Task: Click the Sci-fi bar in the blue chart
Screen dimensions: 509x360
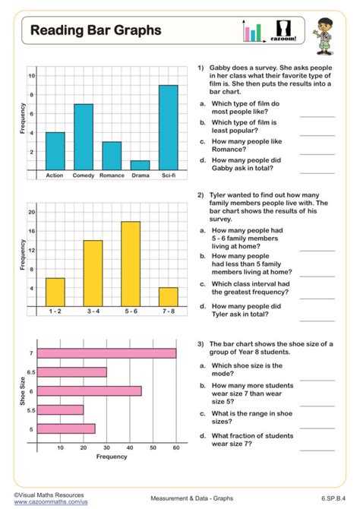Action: (x=168, y=127)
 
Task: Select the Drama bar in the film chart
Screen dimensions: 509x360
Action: (x=140, y=165)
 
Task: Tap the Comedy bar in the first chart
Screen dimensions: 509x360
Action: (x=83, y=137)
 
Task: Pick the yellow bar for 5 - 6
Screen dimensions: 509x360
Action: (x=130, y=264)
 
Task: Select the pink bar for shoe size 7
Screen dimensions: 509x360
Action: (x=106, y=353)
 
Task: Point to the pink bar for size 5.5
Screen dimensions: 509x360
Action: (x=61, y=409)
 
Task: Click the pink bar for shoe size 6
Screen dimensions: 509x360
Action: (x=89, y=390)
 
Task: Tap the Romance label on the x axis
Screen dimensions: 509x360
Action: (x=112, y=175)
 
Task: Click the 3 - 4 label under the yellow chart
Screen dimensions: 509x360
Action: (x=93, y=311)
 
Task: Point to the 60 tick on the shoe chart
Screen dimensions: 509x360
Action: (x=176, y=447)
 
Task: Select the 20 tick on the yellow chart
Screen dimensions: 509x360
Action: (x=31, y=211)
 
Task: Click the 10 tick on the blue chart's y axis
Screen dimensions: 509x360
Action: (x=31, y=76)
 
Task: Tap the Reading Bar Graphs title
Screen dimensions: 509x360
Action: (x=96, y=30)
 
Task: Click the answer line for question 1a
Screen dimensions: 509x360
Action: (x=317, y=115)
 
